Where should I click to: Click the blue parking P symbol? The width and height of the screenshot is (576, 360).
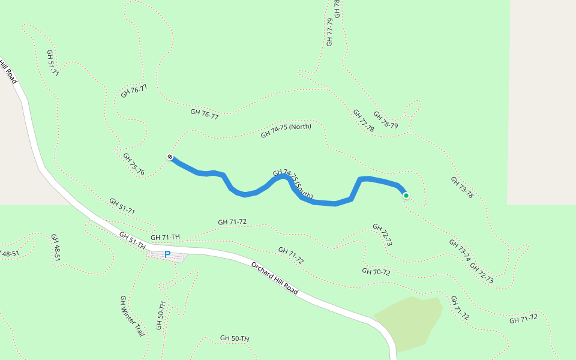point(167,254)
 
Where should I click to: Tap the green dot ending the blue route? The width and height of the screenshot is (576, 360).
point(406,195)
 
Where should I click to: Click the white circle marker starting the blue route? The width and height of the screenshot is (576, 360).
point(170,157)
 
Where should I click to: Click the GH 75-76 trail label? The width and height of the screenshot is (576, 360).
point(134,164)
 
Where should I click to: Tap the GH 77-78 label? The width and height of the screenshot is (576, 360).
point(364,121)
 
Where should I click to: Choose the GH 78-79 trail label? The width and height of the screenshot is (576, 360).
point(385,120)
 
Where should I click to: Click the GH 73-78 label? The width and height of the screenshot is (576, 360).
point(462,187)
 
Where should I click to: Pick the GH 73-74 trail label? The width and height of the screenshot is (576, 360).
point(460,251)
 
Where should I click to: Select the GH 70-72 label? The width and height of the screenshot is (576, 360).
point(376,272)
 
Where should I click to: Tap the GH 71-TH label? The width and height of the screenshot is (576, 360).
point(166,238)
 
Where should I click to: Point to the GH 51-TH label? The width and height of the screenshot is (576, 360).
point(133,241)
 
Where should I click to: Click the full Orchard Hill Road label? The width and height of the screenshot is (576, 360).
point(275,278)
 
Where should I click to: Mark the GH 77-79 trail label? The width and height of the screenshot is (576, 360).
point(329,32)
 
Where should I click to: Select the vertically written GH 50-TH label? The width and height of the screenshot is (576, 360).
point(160,315)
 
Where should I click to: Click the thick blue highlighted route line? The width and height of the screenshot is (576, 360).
point(324,203)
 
